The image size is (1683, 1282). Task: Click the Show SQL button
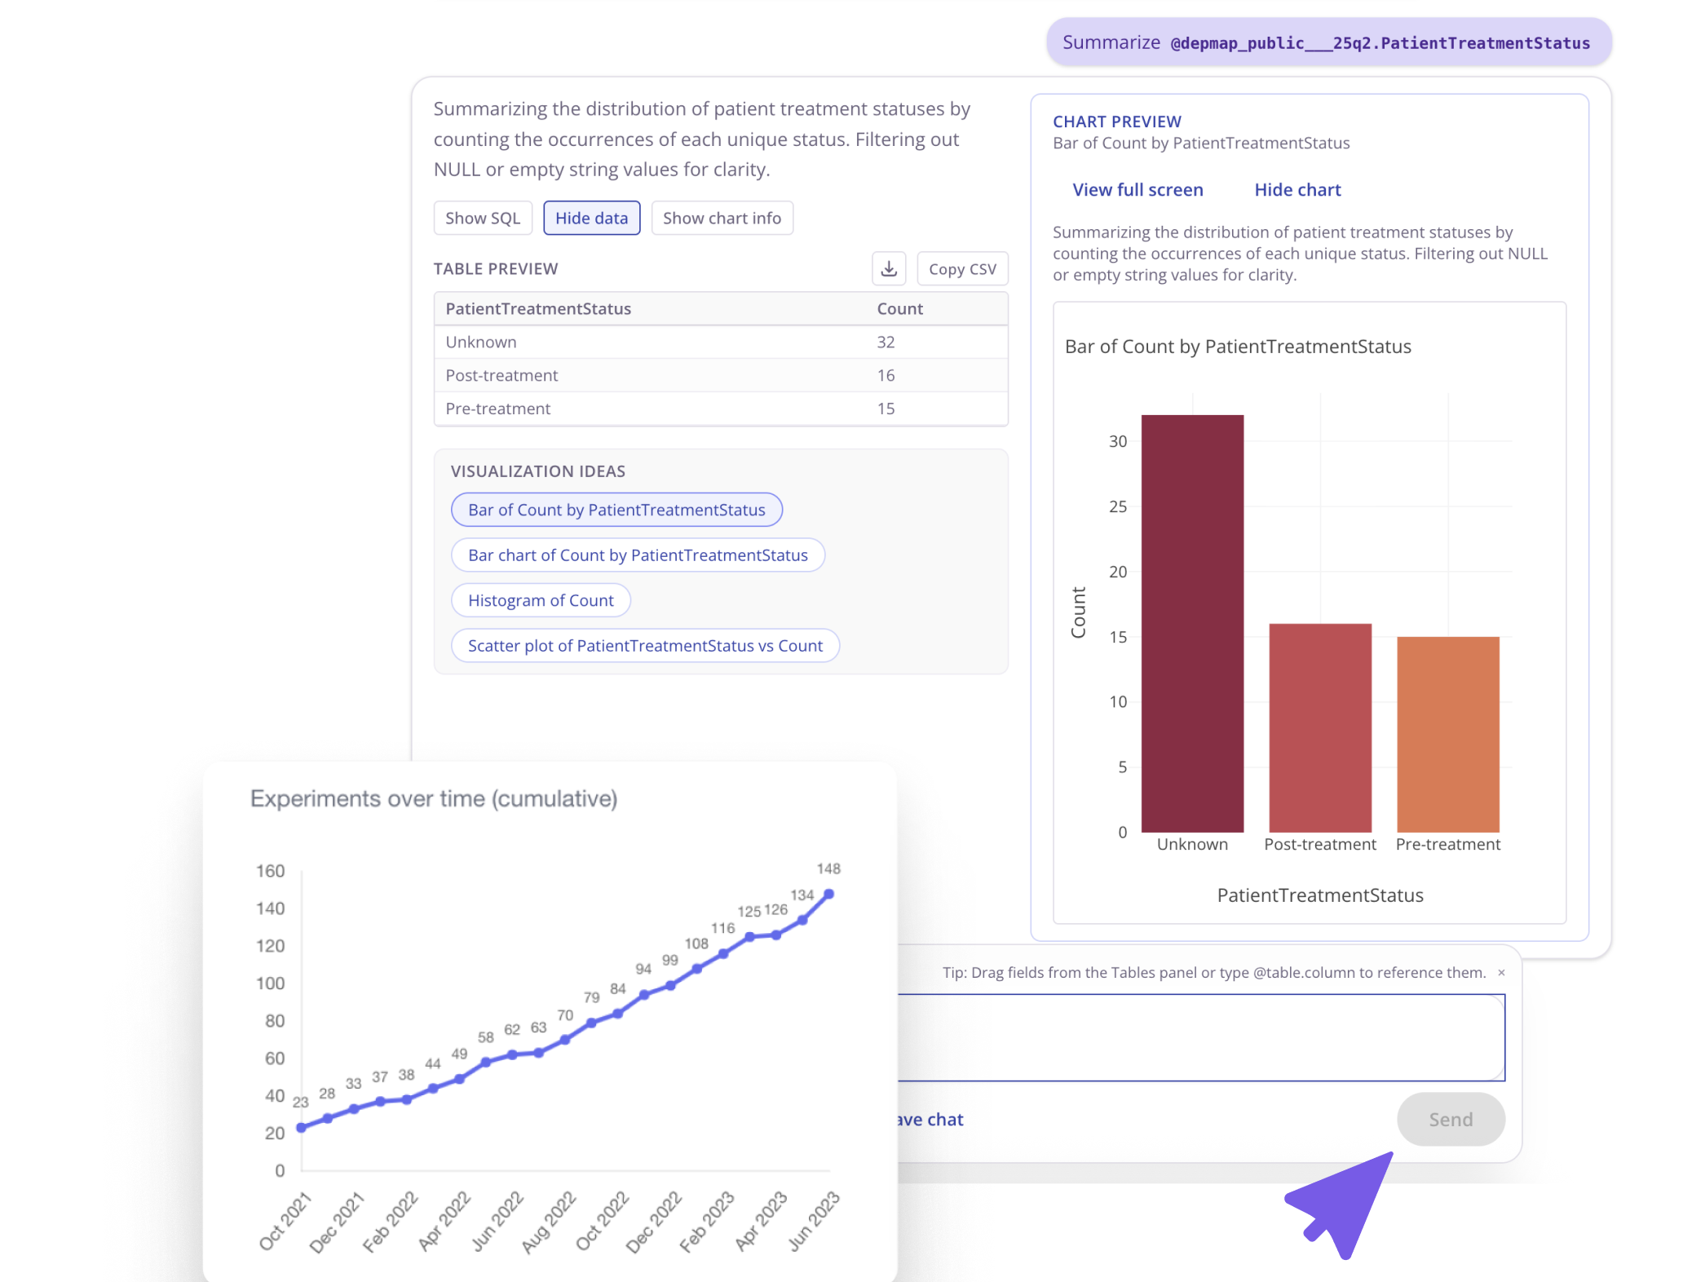483,219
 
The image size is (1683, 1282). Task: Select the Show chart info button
722,219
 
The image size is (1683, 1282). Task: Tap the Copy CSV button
962,269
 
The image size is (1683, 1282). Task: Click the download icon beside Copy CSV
889,269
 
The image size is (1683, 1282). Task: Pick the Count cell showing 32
886,343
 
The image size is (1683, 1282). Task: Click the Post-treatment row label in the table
501,376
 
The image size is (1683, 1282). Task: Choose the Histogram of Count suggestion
541,601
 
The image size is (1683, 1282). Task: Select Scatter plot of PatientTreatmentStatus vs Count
645,646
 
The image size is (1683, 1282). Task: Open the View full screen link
1137,190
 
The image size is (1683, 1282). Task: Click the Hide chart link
1297,190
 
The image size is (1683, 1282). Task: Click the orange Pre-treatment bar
1448,734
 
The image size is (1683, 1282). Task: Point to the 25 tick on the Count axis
1118,507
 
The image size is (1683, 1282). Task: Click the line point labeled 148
829,895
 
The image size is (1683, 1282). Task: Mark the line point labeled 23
302,1128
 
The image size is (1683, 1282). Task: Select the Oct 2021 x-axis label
285,1221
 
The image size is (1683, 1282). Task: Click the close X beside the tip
1501,973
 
